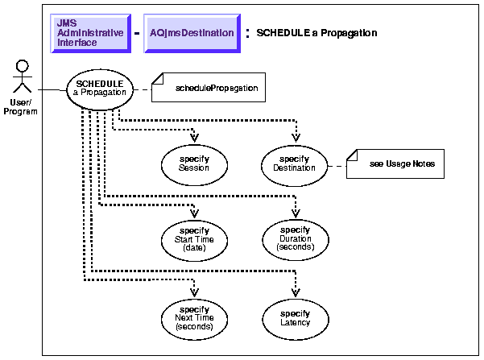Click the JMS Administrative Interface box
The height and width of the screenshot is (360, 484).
[90, 33]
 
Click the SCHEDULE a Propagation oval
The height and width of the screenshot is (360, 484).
[98, 88]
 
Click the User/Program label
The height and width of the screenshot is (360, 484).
[21, 107]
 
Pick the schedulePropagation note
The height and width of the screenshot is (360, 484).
[215, 88]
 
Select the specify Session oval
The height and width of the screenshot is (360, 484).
[196, 163]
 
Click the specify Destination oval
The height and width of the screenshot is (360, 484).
[296, 163]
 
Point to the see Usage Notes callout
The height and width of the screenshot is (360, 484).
[395, 163]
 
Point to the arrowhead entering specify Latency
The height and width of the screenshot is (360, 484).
[296, 289]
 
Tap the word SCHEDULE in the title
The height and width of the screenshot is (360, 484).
[279, 33]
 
